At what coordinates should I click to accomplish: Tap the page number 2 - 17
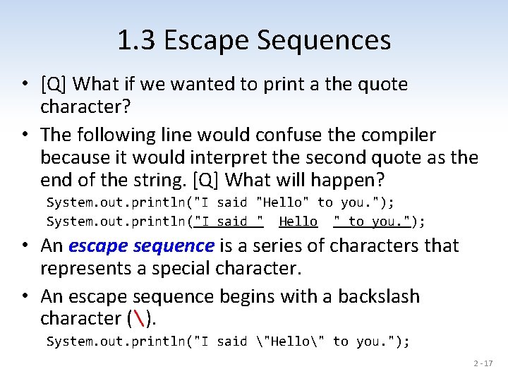[x=483, y=364]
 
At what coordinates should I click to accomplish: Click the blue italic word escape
[x=99, y=246]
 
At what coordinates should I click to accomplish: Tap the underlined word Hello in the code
[x=298, y=222]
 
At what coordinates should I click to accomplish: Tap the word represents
[x=85, y=268]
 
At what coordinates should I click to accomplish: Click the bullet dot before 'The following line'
[x=25, y=135]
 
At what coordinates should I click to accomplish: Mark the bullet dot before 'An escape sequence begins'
[x=25, y=296]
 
